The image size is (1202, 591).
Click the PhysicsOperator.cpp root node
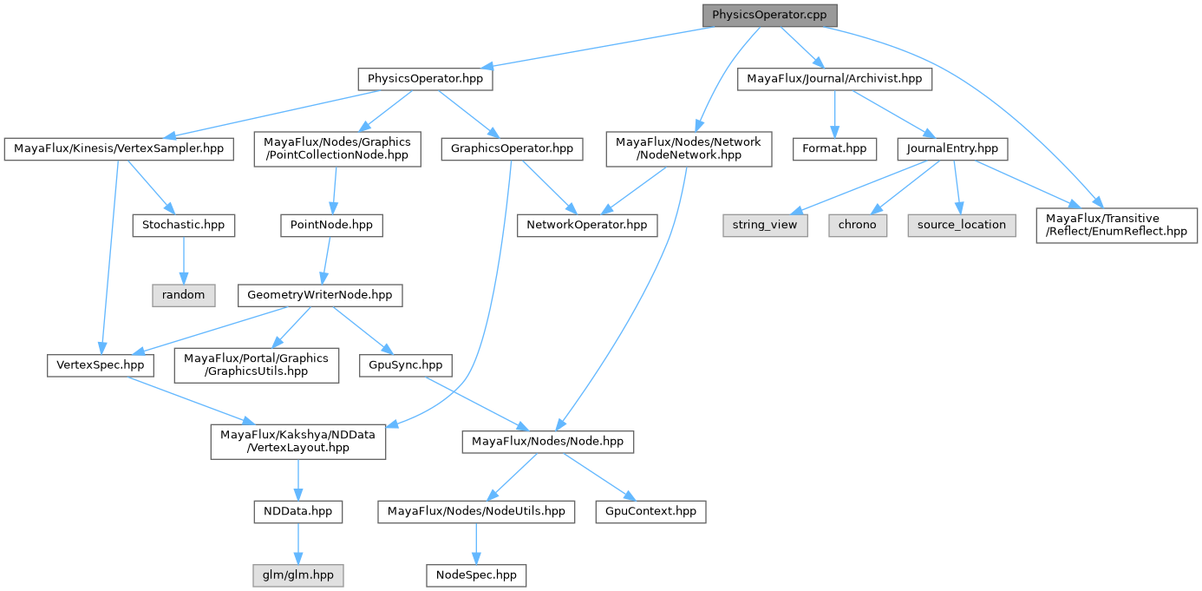770,16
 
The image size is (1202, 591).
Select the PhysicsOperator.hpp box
425,79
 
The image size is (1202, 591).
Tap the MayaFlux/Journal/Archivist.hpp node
835,79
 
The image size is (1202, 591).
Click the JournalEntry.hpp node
952,149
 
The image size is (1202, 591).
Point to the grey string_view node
765,225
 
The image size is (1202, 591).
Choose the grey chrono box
858,225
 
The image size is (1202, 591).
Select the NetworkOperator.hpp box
587,225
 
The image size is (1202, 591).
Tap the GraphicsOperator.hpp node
511,149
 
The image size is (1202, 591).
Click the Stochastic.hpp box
183,225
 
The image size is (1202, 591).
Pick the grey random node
183,295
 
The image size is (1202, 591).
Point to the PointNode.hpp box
331,225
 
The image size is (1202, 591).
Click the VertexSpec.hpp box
100,365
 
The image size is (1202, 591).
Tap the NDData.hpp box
297,512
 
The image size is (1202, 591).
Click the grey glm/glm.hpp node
297,575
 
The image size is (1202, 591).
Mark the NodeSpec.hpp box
476,575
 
